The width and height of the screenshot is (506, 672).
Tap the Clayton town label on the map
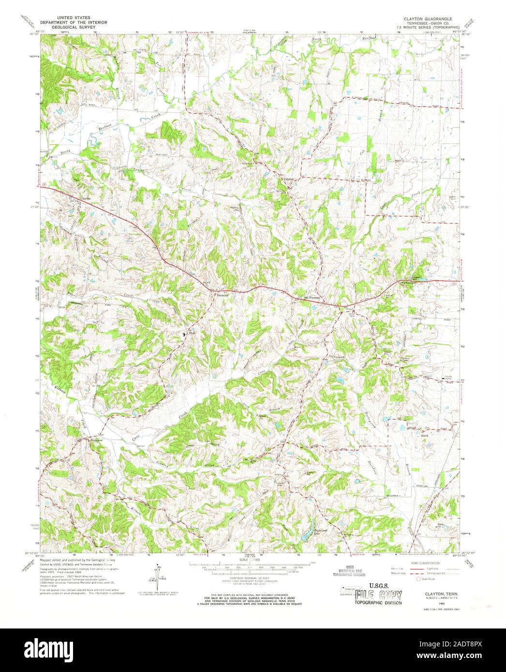(86, 198)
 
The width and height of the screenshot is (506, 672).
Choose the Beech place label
(426, 436)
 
